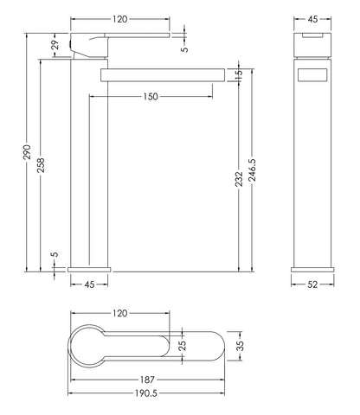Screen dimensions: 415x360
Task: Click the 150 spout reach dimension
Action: point(150,97)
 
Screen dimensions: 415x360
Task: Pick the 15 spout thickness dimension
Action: point(239,76)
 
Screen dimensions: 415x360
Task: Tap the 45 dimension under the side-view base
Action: point(88,283)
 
